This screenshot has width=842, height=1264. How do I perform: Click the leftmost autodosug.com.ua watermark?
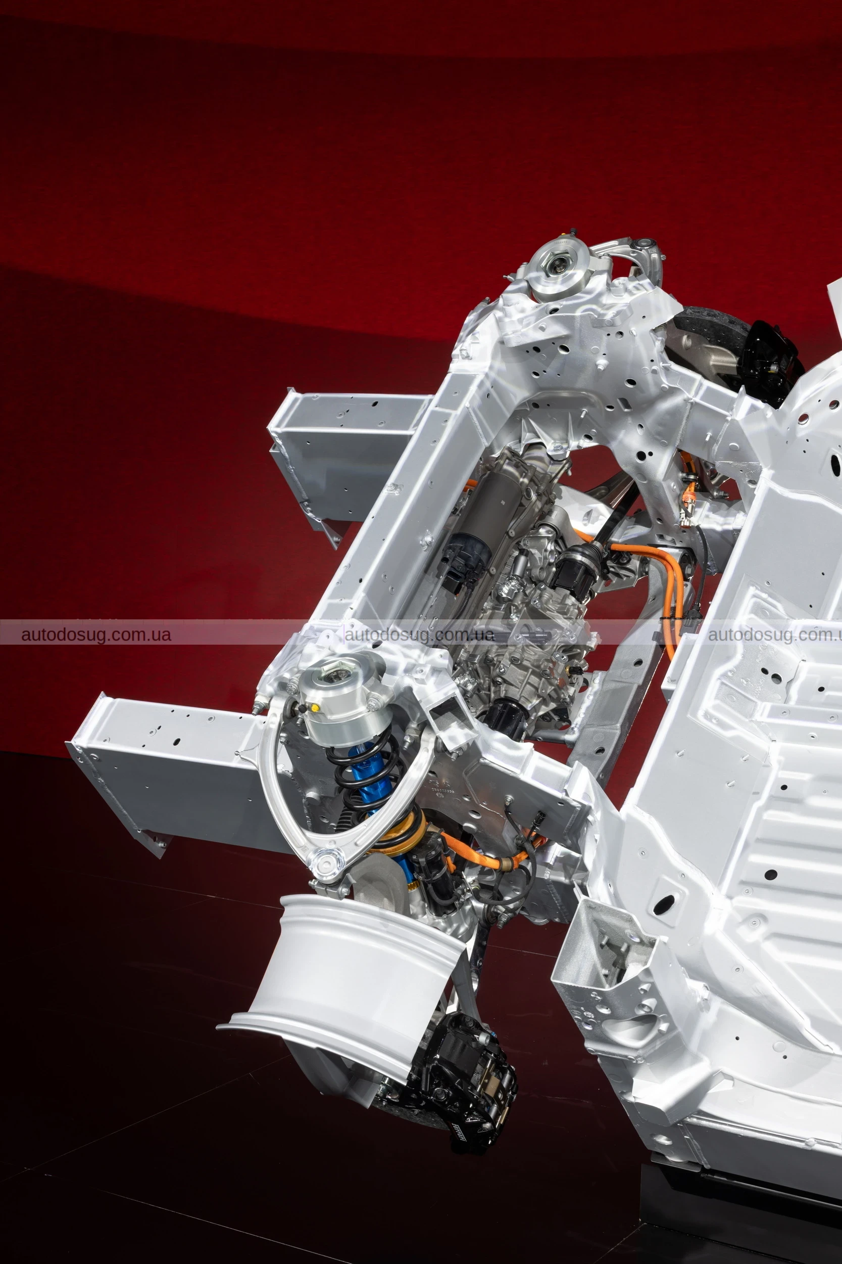[96, 635]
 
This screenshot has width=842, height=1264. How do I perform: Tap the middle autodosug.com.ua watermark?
[419, 635]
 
